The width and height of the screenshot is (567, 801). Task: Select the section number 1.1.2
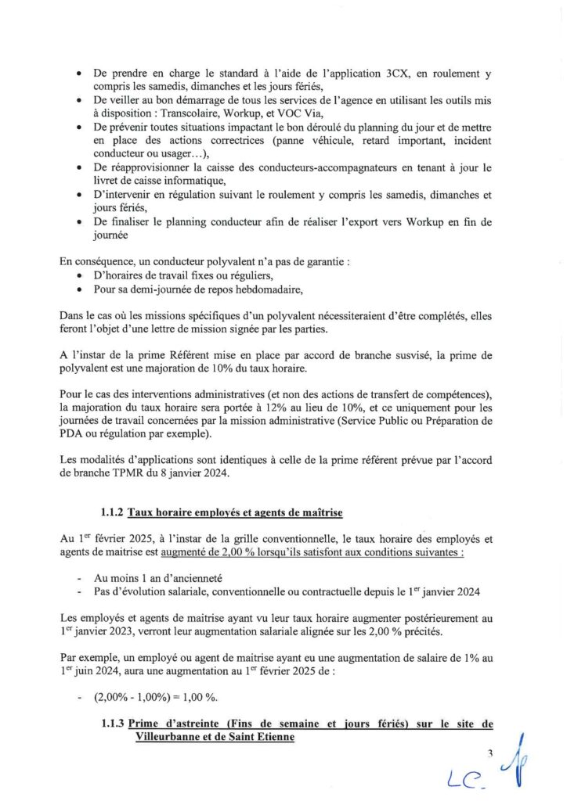[x=112, y=513]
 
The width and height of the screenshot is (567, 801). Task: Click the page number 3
[x=488, y=754]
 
